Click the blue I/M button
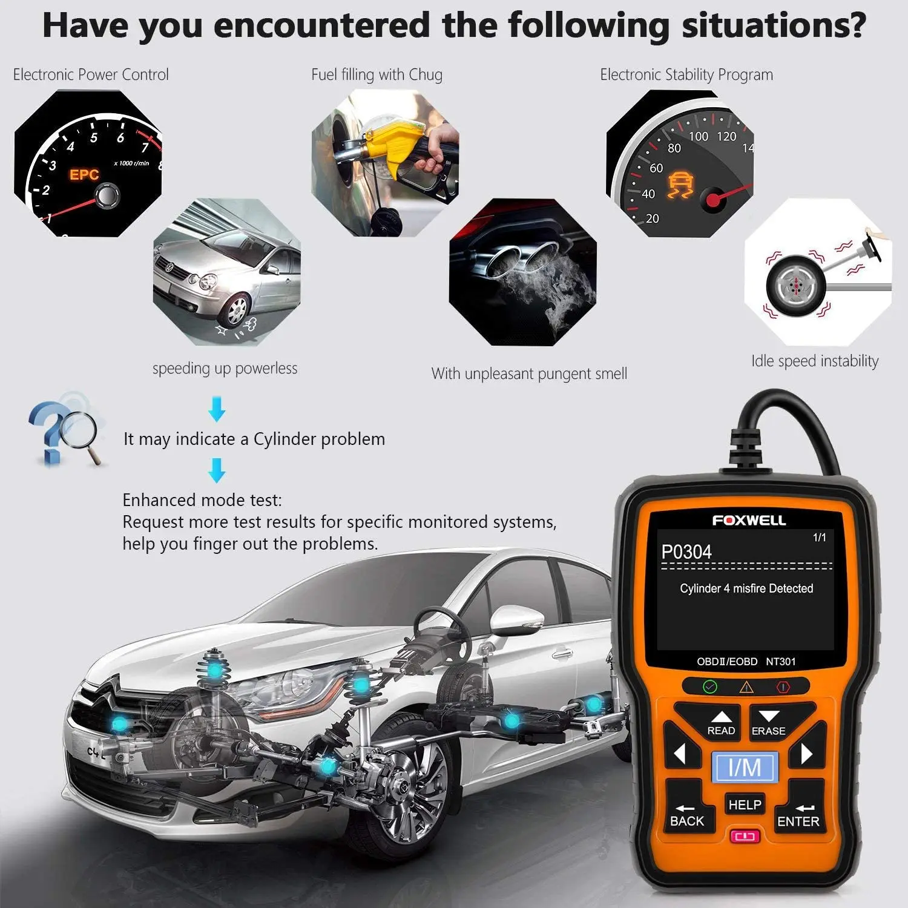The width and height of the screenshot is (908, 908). [x=745, y=768]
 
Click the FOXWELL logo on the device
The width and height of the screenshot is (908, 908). [x=749, y=521]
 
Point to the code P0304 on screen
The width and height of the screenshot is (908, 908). [x=686, y=552]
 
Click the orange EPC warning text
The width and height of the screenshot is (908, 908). [x=84, y=175]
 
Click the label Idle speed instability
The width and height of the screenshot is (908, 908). [x=814, y=361]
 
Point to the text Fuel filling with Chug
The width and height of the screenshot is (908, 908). [x=377, y=75]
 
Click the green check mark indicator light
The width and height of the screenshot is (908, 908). [x=710, y=686]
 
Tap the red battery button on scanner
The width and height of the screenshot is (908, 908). [x=745, y=837]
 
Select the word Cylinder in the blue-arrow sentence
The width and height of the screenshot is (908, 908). [x=284, y=439]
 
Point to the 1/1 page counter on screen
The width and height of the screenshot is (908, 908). [x=819, y=538]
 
